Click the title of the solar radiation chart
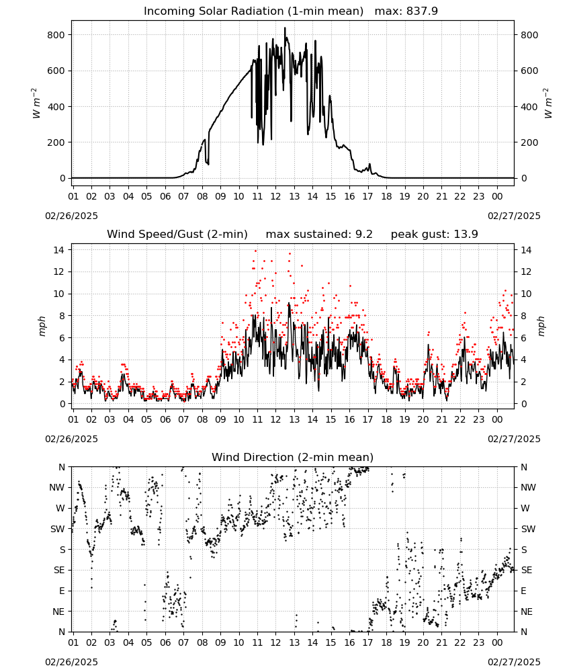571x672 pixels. click(253, 11)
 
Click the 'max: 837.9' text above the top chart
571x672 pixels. click(406, 11)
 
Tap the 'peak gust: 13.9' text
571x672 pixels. click(435, 235)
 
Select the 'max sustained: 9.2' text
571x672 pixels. click(319, 235)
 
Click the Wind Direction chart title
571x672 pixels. click(293, 457)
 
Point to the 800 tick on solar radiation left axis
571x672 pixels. click(56, 35)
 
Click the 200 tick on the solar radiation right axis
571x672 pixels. click(529, 142)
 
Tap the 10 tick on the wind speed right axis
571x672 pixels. click(525, 294)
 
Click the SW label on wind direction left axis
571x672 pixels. click(58, 530)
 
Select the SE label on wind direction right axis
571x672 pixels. click(527, 571)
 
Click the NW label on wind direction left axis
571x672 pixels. click(57, 488)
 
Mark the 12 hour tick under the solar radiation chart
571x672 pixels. click(275, 197)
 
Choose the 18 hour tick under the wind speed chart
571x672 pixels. click(386, 419)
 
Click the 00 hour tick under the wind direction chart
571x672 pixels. click(497, 643)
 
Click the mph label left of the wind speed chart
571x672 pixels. click(42, 326)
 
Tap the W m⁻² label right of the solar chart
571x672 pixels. click(548, 103)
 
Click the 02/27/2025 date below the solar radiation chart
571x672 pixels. click(514, 216)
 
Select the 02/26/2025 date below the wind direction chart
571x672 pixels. click(71, 662)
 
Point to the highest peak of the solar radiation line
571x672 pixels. click(285, 28)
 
